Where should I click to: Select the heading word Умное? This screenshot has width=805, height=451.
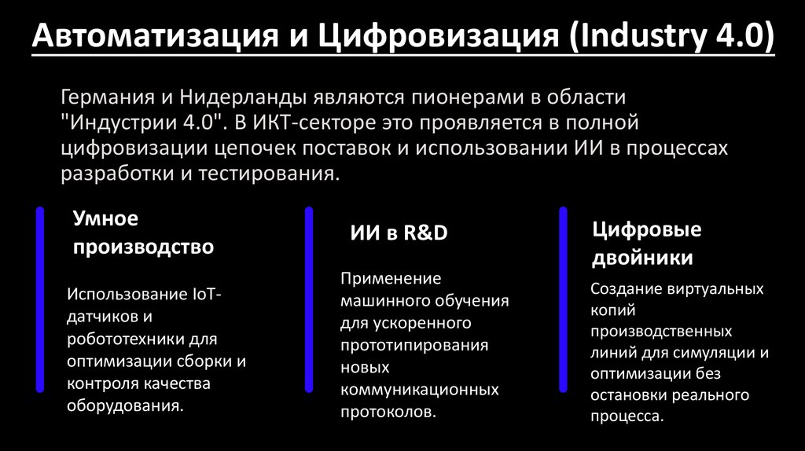(x=105, y=218)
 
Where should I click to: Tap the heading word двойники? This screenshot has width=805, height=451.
(x=642, y=258)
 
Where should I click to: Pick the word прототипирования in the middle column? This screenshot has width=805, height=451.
(x=414, y=345)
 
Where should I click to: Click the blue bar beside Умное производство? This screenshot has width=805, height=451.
(x=39, y=299)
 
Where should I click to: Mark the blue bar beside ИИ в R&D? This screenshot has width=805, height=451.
(x=309, y=299)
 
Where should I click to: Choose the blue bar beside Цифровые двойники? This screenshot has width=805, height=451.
(x=563, y=299)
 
